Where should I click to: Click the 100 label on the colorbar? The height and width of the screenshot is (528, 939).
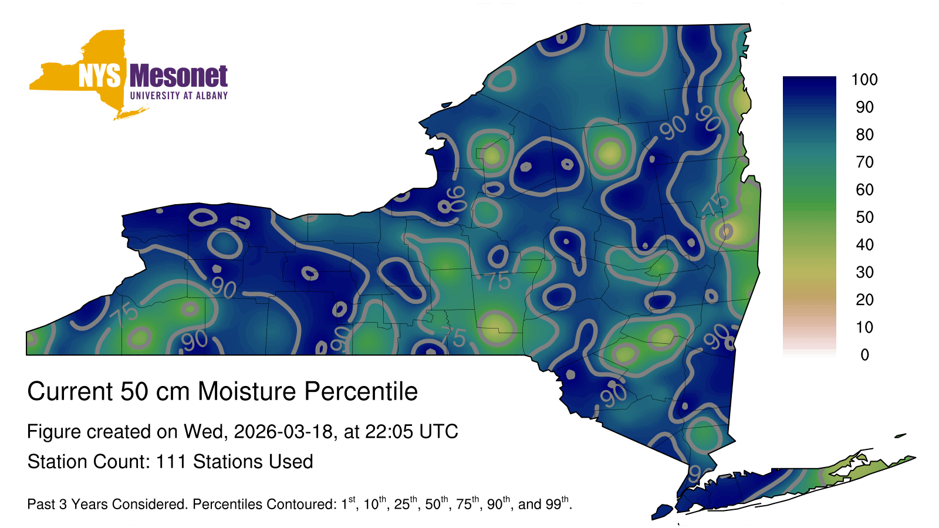coord(864,80)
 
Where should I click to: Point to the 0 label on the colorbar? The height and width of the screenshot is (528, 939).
coord(864,355)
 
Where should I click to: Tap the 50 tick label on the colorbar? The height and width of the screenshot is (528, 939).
coord(864,217)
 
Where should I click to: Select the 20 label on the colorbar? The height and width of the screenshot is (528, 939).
coord(864,300)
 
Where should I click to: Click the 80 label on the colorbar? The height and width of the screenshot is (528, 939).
coord(864,134)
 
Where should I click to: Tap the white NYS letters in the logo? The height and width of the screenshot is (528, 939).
coord(99,76)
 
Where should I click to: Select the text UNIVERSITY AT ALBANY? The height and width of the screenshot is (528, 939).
coord(178,96)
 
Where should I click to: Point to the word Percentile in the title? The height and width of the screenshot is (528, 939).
coord(361,391)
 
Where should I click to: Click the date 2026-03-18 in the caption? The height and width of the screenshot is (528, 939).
coord(283,432)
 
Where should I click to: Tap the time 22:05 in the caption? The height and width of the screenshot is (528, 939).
coord(389,432)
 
